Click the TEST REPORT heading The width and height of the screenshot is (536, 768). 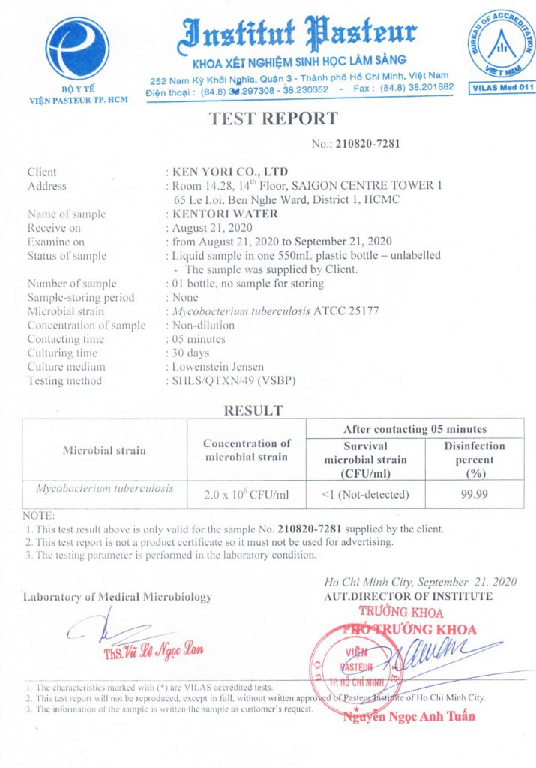tap(273, 118)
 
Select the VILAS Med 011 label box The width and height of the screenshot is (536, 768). tap(502, 88)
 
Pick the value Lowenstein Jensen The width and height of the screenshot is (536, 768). tap(217, 367)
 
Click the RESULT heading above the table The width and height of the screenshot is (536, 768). tap(253, 410)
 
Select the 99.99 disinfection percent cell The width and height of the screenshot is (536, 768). tap(475, 494)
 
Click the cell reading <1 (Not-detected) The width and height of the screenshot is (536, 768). tap(365, 494)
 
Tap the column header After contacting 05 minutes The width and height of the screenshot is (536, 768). tap(415, 429)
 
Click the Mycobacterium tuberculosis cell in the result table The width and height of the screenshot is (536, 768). tap(106, 488)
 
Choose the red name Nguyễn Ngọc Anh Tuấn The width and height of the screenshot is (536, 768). tap(409, 715)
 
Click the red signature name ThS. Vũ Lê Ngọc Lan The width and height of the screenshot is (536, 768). tap(153, 649)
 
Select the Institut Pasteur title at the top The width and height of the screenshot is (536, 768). tap(299, 32)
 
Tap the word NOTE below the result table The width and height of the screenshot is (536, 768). tap(38, 516)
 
